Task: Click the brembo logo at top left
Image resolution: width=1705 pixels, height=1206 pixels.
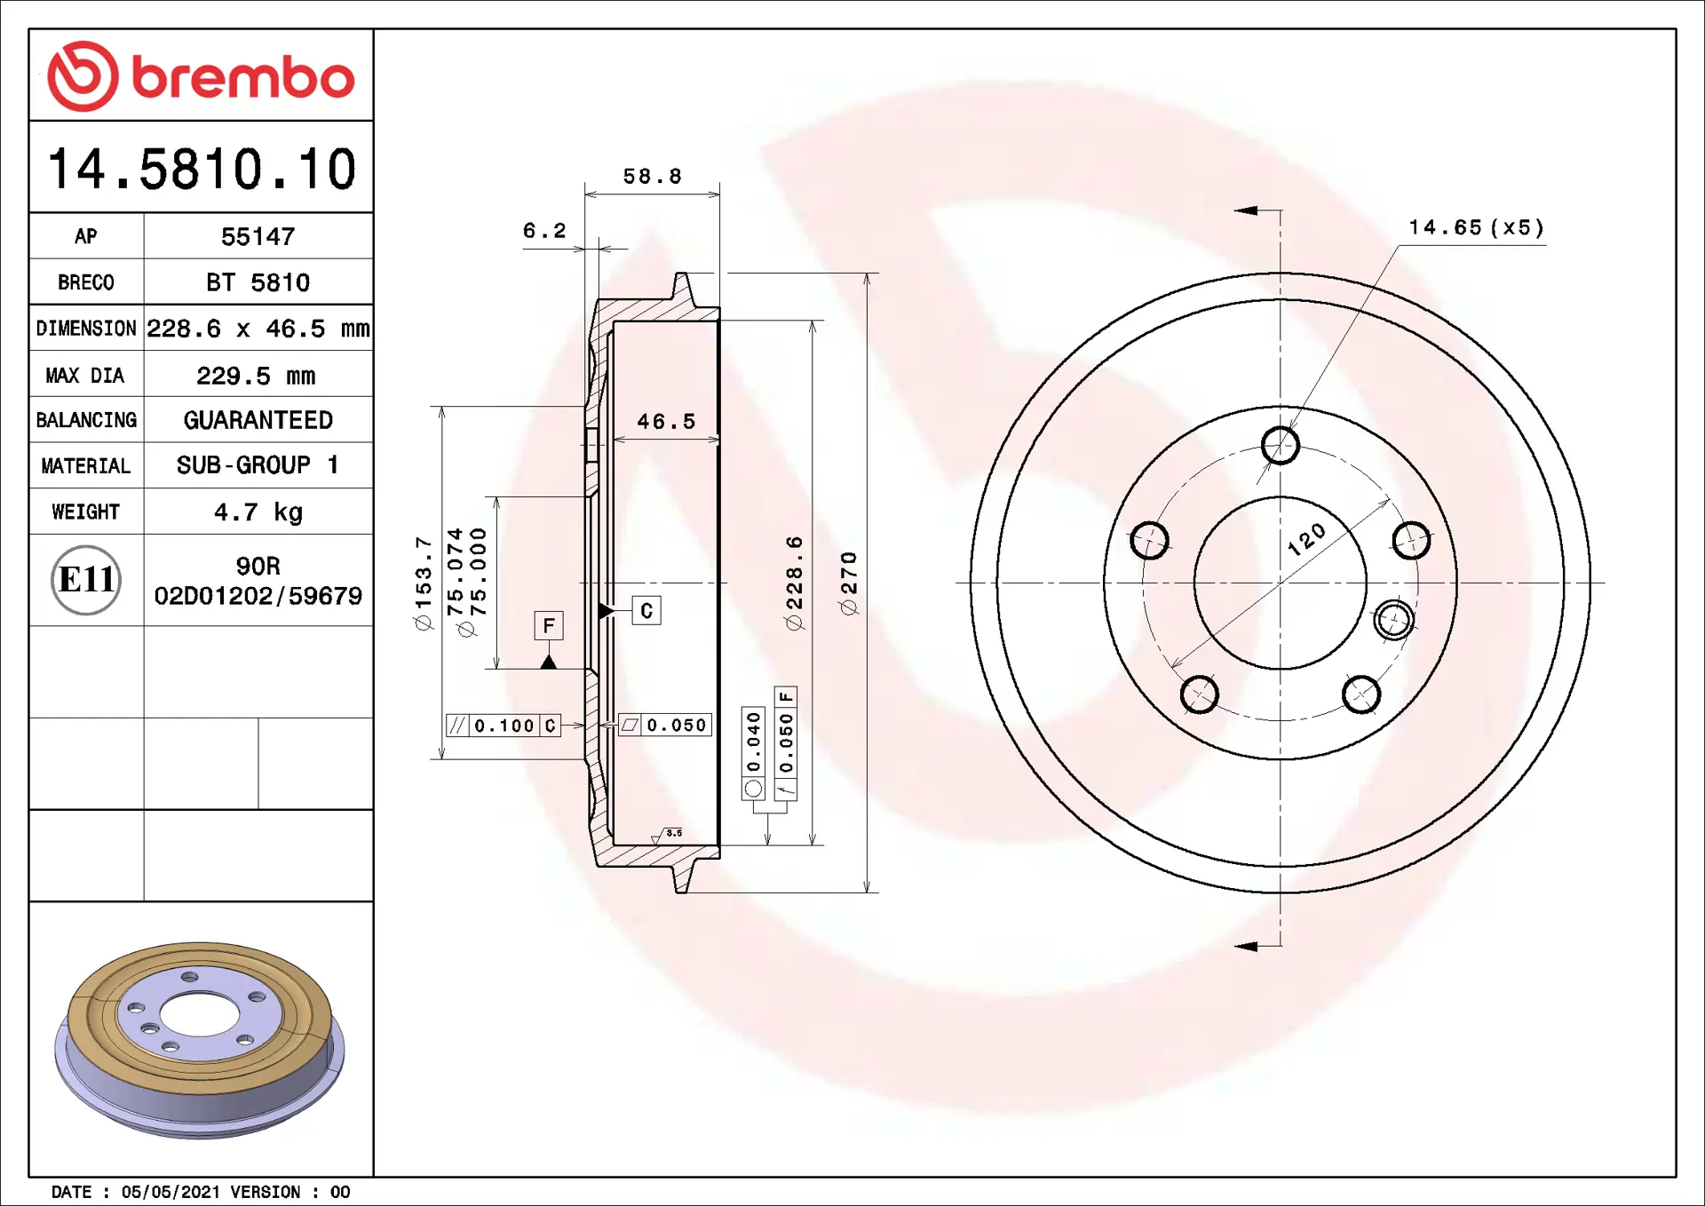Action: pos(201,76)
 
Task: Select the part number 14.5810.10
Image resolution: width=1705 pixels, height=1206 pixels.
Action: pos(202,169)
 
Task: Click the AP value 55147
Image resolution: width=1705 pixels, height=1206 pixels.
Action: pos(258,236)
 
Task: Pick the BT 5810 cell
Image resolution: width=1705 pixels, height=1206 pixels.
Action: pos(258,282)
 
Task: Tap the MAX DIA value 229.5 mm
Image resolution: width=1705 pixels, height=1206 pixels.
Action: pos(256,376)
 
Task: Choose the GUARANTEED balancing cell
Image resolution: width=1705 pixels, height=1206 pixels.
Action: pos(258,420)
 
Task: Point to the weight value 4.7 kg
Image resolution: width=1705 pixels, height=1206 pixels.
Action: pos(258,512)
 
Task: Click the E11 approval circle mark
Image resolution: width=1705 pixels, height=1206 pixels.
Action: pos(86,580)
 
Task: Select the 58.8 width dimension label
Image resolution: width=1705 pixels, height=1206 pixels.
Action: pos(652,177)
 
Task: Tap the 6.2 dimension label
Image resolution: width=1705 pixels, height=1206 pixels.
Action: pos(543,231)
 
